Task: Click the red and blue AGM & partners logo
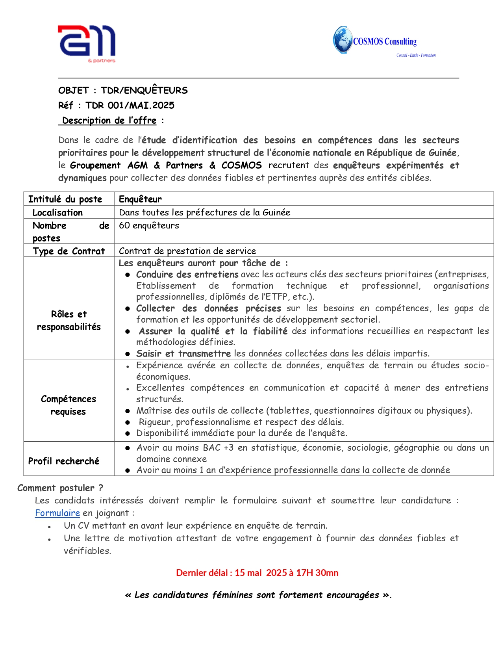click(x=87, y=43)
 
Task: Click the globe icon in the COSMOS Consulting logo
click(x=342, y=40)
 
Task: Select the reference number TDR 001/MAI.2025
click(x=130, y=106)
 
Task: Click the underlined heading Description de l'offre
click(x=109, y=121)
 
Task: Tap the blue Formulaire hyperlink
click(x=57, y=513)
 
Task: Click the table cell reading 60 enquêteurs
click(x=149, y=225)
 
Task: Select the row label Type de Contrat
click(x=69, y=251)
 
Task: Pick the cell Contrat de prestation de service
click(x=187, y=251)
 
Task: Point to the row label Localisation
click(x=57, y=213)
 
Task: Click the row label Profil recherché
click(x=64, y=461)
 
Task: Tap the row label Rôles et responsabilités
click(x=69, y=320)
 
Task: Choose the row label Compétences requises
click(x=69, y=405)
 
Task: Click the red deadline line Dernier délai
click(x=257, y=573)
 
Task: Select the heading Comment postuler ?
click(x=60, y=488)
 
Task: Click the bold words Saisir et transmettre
click(x=183, y=353)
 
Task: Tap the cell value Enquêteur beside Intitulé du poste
click(x=140, y=199)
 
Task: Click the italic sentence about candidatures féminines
click(x=258, y=595)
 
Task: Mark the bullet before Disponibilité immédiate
click(x=128, y=433)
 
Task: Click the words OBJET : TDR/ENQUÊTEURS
click(x=123, y=91)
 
